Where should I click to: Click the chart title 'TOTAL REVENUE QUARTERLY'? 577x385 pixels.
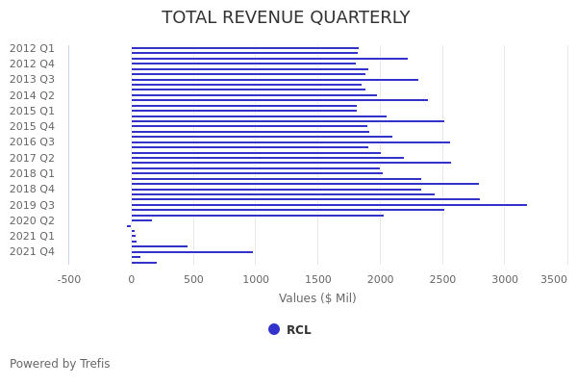point(286,17)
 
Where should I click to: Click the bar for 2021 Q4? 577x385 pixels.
point(192,252)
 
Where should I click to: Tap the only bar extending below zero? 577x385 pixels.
point(129,226)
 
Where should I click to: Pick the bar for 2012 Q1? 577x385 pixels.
point(244,48)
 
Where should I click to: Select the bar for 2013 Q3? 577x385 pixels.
point(275,80)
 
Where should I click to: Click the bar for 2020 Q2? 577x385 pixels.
point(141,220)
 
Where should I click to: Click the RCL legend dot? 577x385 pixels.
point(274,329)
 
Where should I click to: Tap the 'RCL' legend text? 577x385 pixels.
point(298,330)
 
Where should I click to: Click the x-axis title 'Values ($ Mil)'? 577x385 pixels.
point(317,298)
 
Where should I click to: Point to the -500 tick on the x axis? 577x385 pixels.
point(69,279)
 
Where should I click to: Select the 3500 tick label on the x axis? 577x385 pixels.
point(554,279)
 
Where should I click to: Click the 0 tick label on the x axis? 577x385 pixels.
point(132,279)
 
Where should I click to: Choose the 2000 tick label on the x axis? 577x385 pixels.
point(381,279)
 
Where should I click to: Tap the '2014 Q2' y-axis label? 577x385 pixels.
point(32,95)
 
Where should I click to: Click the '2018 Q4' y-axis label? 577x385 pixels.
point(32,189)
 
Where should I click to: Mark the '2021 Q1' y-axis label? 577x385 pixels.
point(32,236)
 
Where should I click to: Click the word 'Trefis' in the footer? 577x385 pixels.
point(94,364)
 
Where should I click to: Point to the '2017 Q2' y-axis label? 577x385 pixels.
point(32,158)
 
